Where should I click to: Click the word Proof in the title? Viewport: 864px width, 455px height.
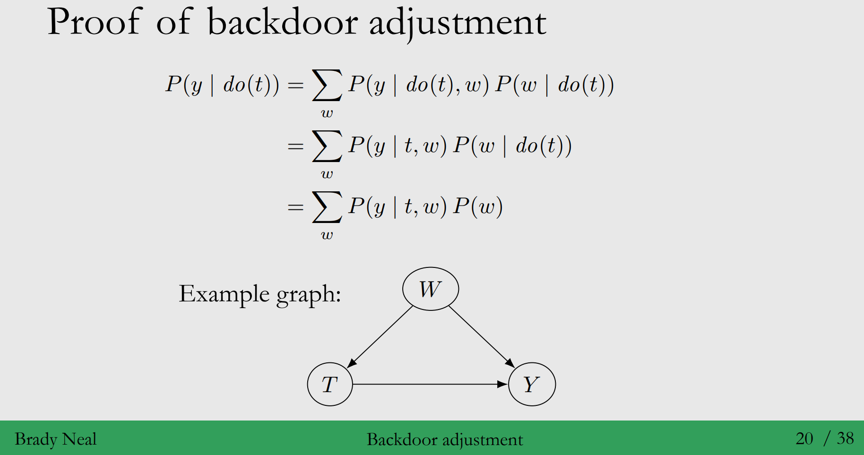[x=94, y=22]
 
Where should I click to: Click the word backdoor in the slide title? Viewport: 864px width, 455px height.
[x=282, y=22]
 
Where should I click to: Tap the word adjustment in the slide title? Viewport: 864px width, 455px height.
[x=457, y=23]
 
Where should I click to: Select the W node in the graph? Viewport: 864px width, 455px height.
[x=430, y=289]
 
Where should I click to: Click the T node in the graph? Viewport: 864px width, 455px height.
[x=330, y=384]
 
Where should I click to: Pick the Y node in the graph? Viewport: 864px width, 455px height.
[x=532, y=384]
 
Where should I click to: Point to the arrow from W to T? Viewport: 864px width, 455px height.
[x=381, y=336]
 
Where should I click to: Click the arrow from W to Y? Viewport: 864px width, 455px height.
[x=481, y=336]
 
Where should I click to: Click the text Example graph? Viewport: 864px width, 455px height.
[x=259, y=294]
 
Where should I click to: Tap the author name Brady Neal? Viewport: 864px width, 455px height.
[x=56, y=439]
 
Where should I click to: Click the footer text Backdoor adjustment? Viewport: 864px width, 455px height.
[x=445, y=439]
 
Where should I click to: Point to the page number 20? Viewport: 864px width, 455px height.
[x=804, y=438]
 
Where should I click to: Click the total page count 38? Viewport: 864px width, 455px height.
[x=845, y=438]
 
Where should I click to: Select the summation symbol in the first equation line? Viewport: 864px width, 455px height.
[x=327, y=86]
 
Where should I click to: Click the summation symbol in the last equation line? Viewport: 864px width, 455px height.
[x=327, y=207]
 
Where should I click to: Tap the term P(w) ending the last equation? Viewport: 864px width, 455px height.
[x=477, y=206]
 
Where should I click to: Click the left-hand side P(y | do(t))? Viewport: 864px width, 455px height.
[x=222, y=85]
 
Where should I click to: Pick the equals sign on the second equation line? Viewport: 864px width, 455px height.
[x=295, y=146]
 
